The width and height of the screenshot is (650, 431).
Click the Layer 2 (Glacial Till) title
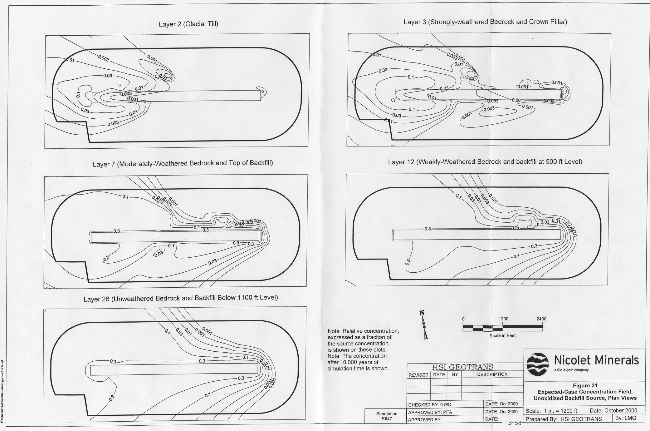click(x=188, y=24)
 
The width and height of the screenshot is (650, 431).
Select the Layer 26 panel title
click(x=180, y=298)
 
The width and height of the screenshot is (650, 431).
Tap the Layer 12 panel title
click(x=485, y=162)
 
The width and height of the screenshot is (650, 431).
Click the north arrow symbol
click(x=424, y=325)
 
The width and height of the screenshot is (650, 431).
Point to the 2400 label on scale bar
click(x=541, y=319)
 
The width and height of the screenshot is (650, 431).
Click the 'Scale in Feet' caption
click(x=502, y=335)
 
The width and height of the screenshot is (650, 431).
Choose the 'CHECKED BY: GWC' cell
click(x=430, y=405)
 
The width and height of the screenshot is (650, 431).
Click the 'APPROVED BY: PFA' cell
click(x=430, y=412)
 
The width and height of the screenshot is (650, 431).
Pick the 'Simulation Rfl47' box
click(x=387, y=416)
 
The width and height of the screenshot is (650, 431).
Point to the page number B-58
click(x=515, y=423)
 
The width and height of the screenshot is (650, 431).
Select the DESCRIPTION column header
click(x=492, y=374)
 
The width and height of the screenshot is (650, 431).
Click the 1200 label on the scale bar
click(x=503, y=319)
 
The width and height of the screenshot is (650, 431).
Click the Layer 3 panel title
click(x=485, y=22)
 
